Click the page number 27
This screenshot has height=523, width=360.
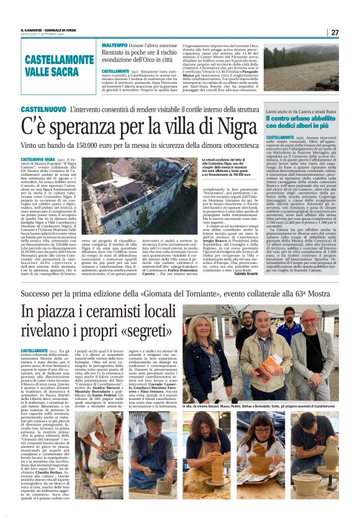[335, 32]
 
